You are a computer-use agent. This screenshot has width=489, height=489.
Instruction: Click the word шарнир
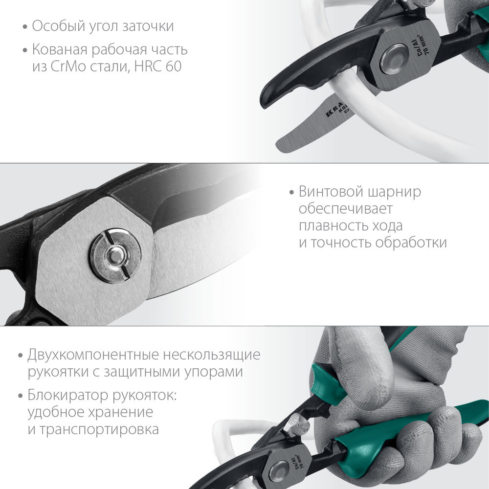click(396, 192)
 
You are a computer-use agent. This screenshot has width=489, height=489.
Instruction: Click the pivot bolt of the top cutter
click(394, 59)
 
